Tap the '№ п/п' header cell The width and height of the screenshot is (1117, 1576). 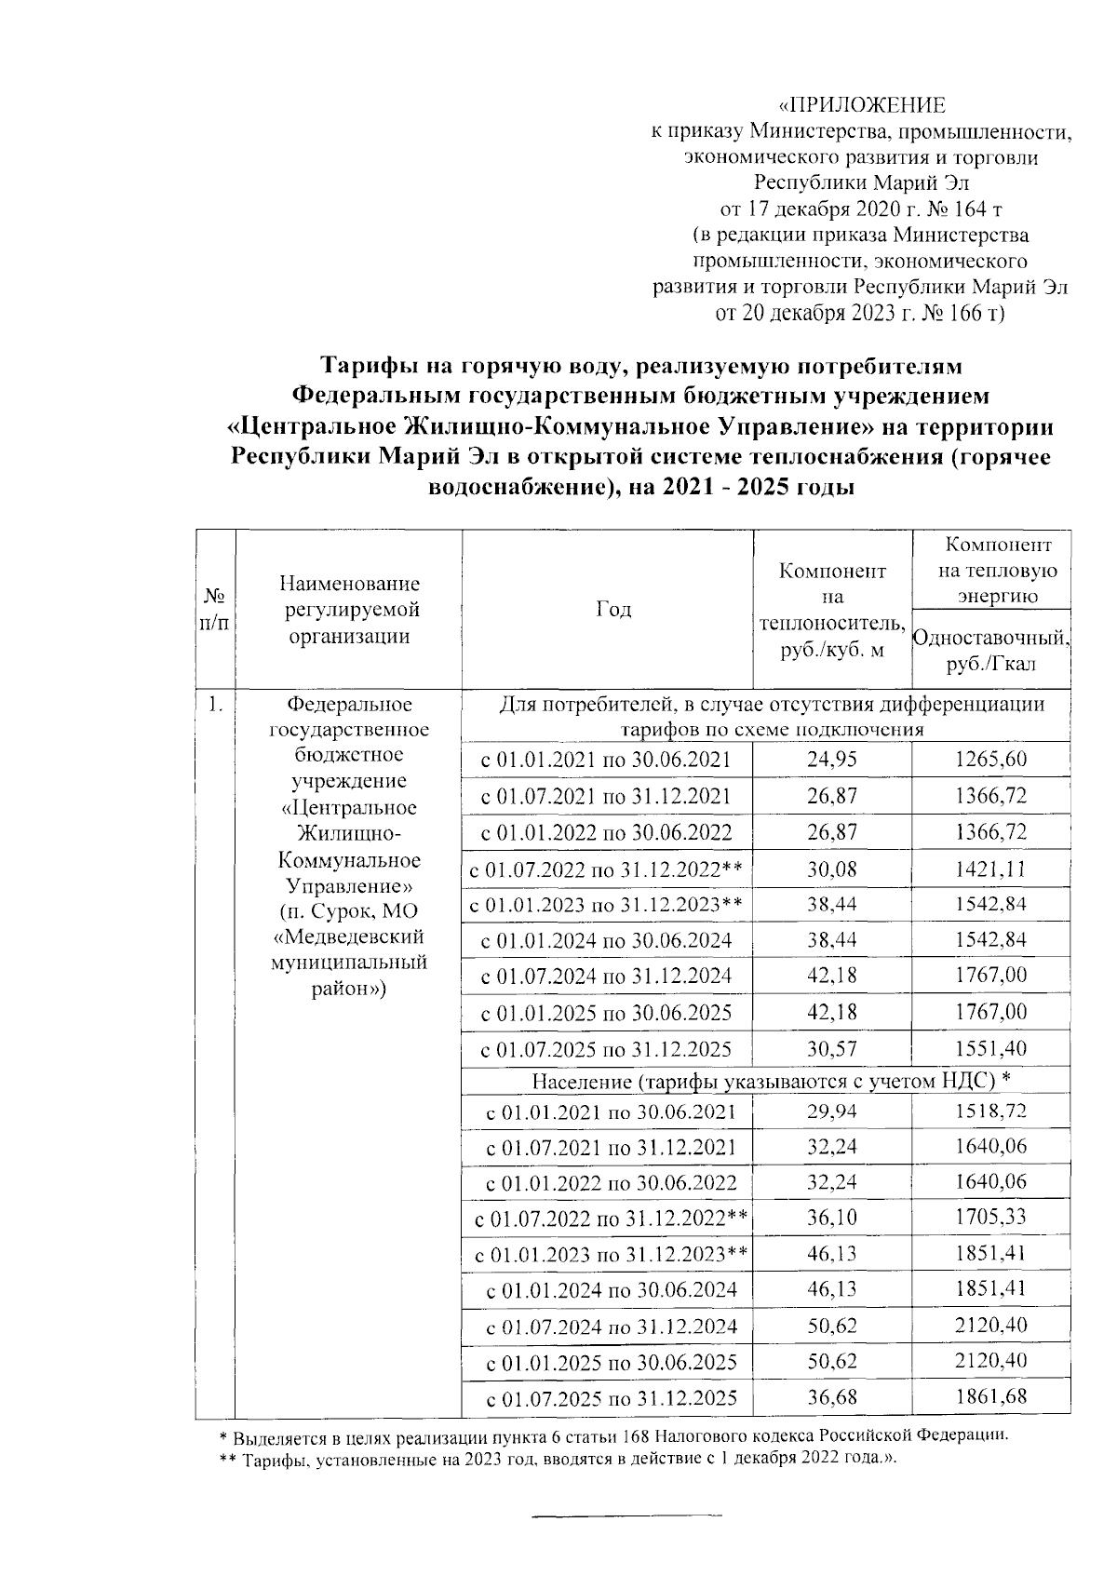(x=215, y=609)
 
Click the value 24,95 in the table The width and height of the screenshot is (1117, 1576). (x=832, y=760)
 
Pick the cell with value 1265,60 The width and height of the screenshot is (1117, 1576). (x=990, y=760)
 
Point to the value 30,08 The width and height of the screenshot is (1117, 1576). (x=832, y=869)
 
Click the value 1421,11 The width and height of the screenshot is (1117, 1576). (x=990, y=869)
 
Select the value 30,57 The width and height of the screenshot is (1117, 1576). (x=832, y=1048)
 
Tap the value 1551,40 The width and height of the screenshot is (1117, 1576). (x=990, y=1048)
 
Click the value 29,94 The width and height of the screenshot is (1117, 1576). (x=832, y=1111)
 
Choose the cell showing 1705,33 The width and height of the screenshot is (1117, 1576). (x=990, y=1218)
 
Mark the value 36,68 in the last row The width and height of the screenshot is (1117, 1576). (x=832, y=1397)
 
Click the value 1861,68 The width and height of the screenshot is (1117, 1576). (x=990, y=1397)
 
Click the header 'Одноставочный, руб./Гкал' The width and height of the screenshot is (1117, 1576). (x=991, y=651)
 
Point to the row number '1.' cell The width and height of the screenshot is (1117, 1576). (x=215, y=706)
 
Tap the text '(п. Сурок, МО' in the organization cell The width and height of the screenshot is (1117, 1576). (x=349, y=909)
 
